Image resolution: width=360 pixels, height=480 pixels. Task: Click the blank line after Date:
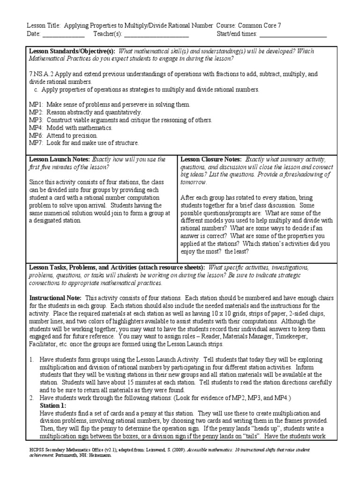tap(64, 35)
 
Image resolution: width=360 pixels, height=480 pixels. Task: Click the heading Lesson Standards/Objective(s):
tap(73, 51)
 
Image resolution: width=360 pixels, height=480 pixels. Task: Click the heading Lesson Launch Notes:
tap(60, 159)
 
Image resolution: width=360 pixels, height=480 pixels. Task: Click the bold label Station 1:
tap(53, 405)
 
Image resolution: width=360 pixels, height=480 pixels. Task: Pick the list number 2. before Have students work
tap(32, 398)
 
